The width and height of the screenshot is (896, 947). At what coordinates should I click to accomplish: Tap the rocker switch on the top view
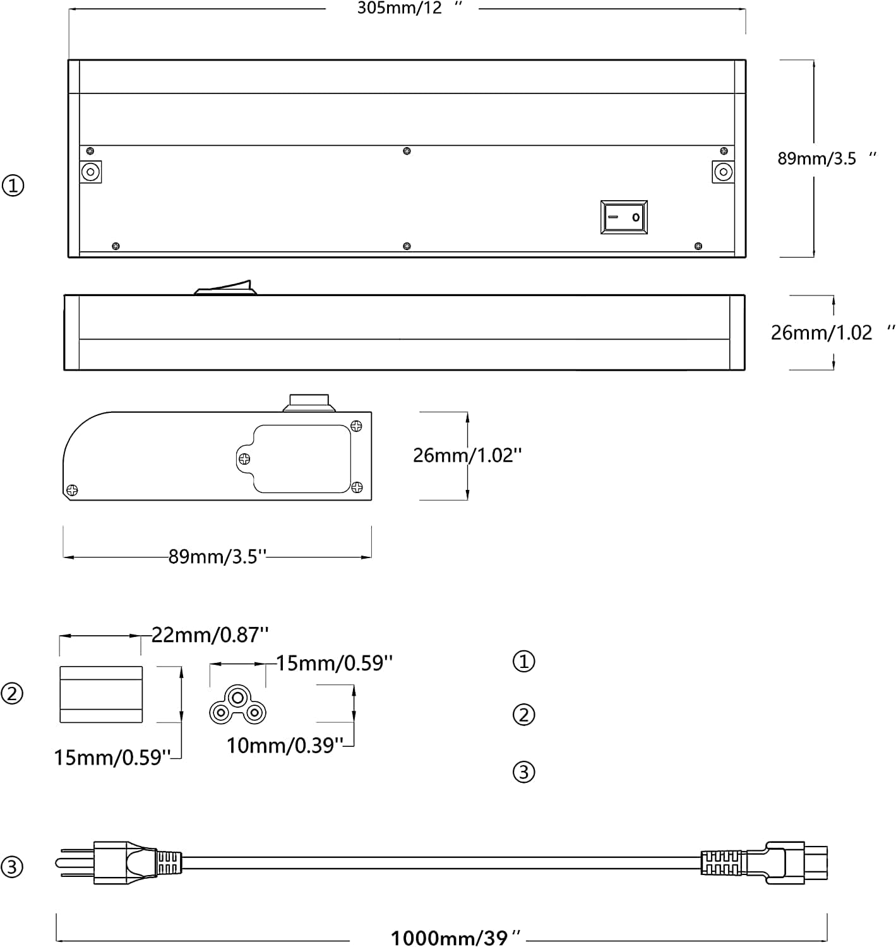point(624,217)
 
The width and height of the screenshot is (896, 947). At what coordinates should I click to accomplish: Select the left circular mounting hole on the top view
point(91,172)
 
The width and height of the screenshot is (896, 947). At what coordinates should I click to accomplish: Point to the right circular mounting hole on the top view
point(723,172)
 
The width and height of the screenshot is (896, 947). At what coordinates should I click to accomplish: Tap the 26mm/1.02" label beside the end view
point(467,455)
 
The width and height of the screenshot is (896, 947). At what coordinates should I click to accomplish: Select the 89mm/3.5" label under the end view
point(217,557)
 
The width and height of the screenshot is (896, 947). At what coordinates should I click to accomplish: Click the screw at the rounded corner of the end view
point(72,490)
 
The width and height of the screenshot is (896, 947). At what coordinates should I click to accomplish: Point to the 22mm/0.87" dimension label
point(210,634)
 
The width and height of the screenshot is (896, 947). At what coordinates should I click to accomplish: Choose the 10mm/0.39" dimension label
point(284,746)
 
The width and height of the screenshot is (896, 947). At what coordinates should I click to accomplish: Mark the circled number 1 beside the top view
point(13,186)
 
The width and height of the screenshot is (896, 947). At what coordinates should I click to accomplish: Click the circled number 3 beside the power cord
point(13,866)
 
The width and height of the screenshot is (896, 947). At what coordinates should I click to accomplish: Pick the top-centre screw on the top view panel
point(407,151)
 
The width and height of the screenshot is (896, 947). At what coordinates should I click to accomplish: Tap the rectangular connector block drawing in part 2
point(101,694)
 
